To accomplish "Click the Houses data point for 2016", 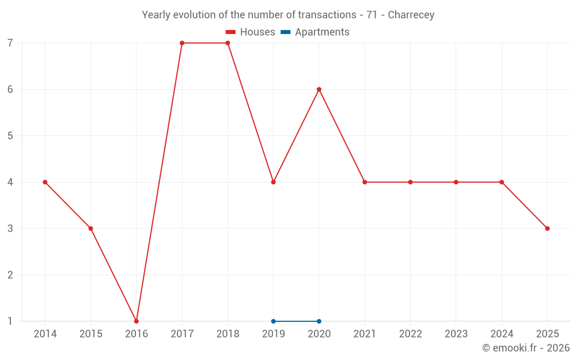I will [137, 321].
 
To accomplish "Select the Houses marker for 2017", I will [182, 43].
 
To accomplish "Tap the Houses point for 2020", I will [319, 89].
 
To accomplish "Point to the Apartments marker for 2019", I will [273, 321].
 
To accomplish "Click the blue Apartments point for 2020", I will [319, 321].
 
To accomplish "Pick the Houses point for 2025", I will [547, 228].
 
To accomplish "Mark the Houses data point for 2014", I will [45, 182].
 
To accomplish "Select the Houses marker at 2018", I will [228, 43].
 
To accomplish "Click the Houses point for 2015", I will [90, 228].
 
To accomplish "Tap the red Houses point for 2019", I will [273, 182].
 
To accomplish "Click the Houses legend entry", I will [251, 32].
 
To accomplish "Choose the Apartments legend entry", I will [315, 32].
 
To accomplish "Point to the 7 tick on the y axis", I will [10, 43].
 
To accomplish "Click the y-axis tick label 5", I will [10, 136].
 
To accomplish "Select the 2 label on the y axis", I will [10, 275].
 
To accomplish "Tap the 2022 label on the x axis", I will [410, 334].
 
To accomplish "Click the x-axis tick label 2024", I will [502, 334].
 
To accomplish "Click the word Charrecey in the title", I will [411, 15].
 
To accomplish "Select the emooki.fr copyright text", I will [526, 348].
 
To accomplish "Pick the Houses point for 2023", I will [456, 182].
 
